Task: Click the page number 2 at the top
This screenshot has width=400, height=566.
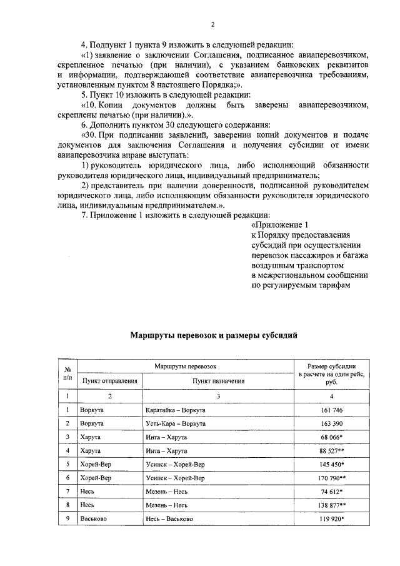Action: click(212, 24)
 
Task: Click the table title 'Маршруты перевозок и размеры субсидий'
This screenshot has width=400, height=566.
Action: click(213, 335)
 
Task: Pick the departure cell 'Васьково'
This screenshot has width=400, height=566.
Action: click(94, 518)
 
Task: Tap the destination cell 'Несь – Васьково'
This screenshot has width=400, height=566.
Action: click(169, 518)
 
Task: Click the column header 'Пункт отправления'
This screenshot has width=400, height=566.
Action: click(109, 380)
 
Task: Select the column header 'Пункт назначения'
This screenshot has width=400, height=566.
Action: click(218, 380)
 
